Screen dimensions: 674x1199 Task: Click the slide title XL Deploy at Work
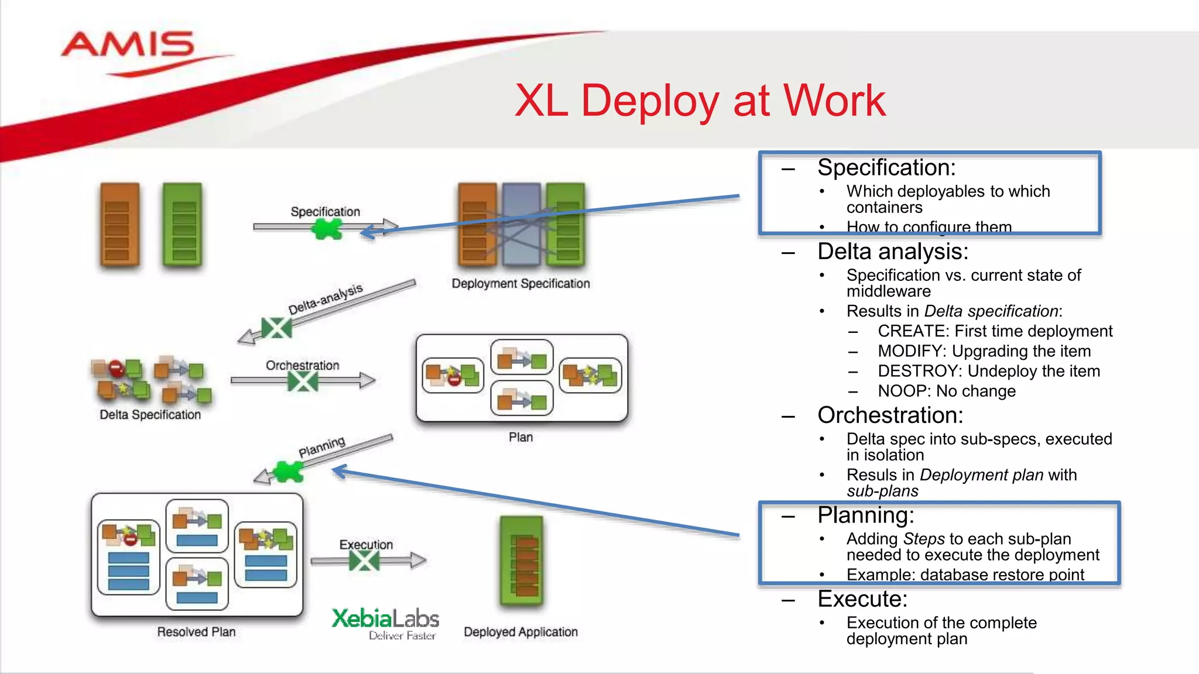point(700,101)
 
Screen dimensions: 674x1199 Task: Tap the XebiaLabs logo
point(385,623)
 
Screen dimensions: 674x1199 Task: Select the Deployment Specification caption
point(520,284)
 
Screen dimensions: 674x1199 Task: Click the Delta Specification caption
point(150,415)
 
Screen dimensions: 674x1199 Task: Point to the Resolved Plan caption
point(196,632)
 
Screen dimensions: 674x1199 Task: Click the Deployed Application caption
point(520,632)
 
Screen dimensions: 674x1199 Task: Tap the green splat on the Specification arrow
point(326,229)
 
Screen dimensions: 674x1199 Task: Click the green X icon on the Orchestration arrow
point(303,382)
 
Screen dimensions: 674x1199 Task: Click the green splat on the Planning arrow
point(289,472)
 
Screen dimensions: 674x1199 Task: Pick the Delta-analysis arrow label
point(326,299)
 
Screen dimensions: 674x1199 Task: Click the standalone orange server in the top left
point(120,225)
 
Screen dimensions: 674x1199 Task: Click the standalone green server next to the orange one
point(183,225)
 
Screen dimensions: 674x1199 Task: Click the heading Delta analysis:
point(893,252)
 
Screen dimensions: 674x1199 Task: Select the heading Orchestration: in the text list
point(890,415)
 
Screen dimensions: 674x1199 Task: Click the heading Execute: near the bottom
point(862,599)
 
